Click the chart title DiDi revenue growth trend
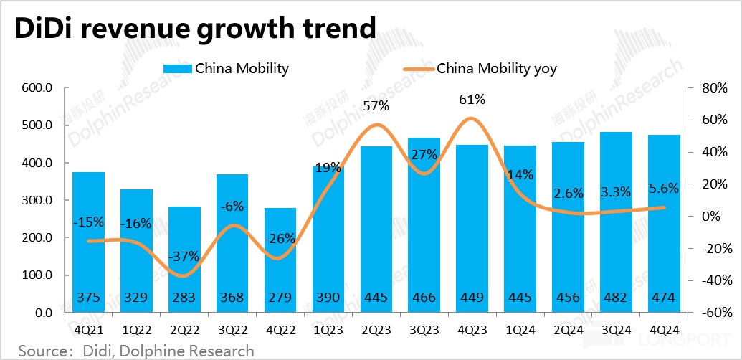click(x=192, y=28)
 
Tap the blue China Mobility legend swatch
click(x=178, y=69)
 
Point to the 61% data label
click(x=472, y=99)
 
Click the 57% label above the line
click(x=376, y=106)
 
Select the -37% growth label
click(x=184, y=257)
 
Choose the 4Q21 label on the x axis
click(x=89, y=331)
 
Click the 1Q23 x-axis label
click(x=328, y=331)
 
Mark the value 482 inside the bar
click(x=616, y=298)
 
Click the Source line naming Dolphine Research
click(x=136, y=351)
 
